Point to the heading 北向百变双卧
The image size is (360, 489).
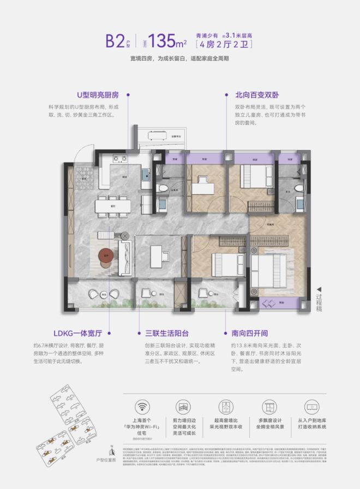pyautogui.click(x=254, y=94)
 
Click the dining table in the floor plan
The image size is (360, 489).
pyautogui.click(x=113, y=206)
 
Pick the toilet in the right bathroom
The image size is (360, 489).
pyautogui.click(x=298, y=188)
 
